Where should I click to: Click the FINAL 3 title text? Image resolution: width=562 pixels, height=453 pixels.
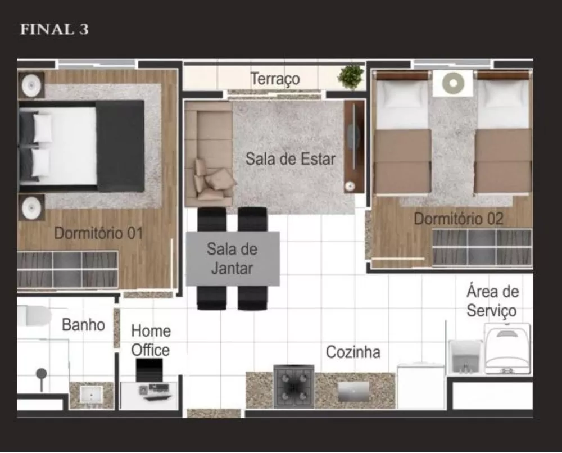[54, 30]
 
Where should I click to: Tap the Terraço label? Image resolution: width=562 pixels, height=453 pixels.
[275, 79]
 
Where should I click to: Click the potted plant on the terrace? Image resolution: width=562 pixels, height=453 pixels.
[351, 77]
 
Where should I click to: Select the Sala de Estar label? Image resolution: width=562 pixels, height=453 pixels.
[290, 158]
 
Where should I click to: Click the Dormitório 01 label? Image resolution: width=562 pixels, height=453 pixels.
[98, 233]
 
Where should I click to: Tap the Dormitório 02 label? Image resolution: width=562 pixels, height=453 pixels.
[459, 219]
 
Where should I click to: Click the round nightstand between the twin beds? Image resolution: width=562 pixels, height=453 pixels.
[452, 83]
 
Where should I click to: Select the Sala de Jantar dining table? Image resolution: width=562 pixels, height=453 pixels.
[233, 259]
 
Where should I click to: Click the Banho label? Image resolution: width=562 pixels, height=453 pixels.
[83, 324]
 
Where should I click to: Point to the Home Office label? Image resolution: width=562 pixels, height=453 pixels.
[150, 340]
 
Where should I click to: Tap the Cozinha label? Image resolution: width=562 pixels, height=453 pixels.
[353, 352]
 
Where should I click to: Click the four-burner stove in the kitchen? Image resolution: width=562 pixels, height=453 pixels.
[293, 387]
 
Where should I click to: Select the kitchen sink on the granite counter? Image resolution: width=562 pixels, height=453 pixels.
[353, 391]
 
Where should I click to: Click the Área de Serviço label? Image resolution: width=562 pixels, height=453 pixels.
[492, 301]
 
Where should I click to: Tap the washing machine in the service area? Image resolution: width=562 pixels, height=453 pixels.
[507, 350]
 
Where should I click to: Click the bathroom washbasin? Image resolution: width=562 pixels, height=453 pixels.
[90, 395]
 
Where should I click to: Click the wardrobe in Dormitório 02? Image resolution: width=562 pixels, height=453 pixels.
[482, 247]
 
